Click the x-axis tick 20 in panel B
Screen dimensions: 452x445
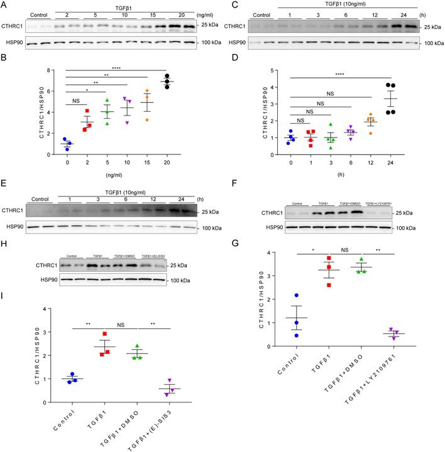point(167,160)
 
